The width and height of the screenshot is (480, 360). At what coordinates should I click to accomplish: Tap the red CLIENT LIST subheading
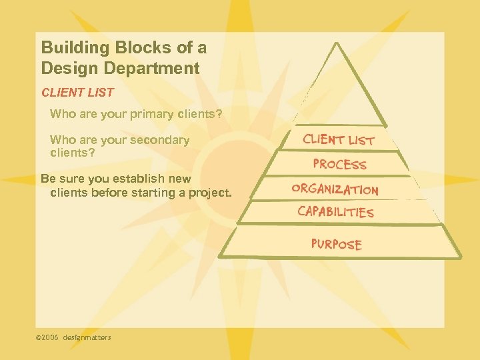coord(77,93)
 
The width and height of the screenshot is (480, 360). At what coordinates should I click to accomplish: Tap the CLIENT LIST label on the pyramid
coord(339,140)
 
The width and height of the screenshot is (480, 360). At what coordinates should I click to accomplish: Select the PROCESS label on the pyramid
coord(339,164)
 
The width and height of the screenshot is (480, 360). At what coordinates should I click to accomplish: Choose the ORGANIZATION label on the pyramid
coord(335,189)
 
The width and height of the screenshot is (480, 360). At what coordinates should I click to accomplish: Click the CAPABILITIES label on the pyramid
coord(335,212)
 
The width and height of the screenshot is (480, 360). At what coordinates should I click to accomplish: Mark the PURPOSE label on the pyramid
coord(336,244)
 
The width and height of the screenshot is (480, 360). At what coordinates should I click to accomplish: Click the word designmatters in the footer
coord(87,337)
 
